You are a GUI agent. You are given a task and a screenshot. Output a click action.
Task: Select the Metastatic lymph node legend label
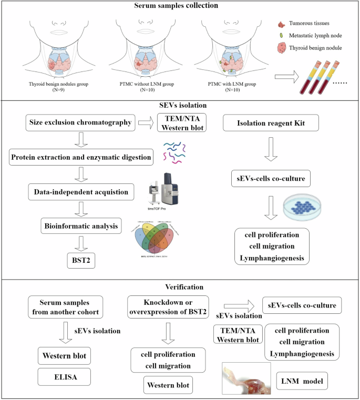click(x=318, y=35)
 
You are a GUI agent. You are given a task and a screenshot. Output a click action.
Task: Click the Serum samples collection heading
click(x=180, y=6)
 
